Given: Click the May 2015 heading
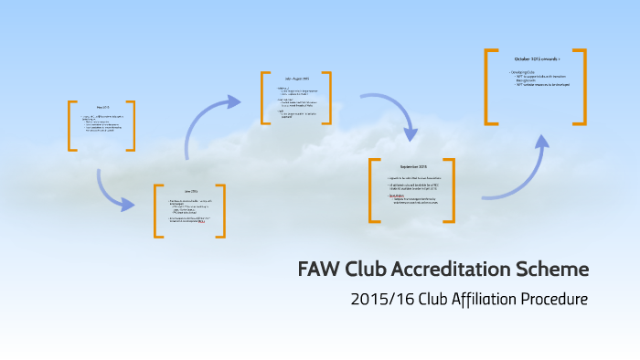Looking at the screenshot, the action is [x=102, y=106].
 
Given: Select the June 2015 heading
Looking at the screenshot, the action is [x=189, y=191].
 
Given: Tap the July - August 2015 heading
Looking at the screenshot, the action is [x=297, y=79].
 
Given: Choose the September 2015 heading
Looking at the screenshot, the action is [x=413, y=167].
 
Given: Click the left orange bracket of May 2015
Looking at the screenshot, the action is [x=71, y=125].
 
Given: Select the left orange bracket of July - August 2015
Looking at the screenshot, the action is [x=264, y=98].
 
